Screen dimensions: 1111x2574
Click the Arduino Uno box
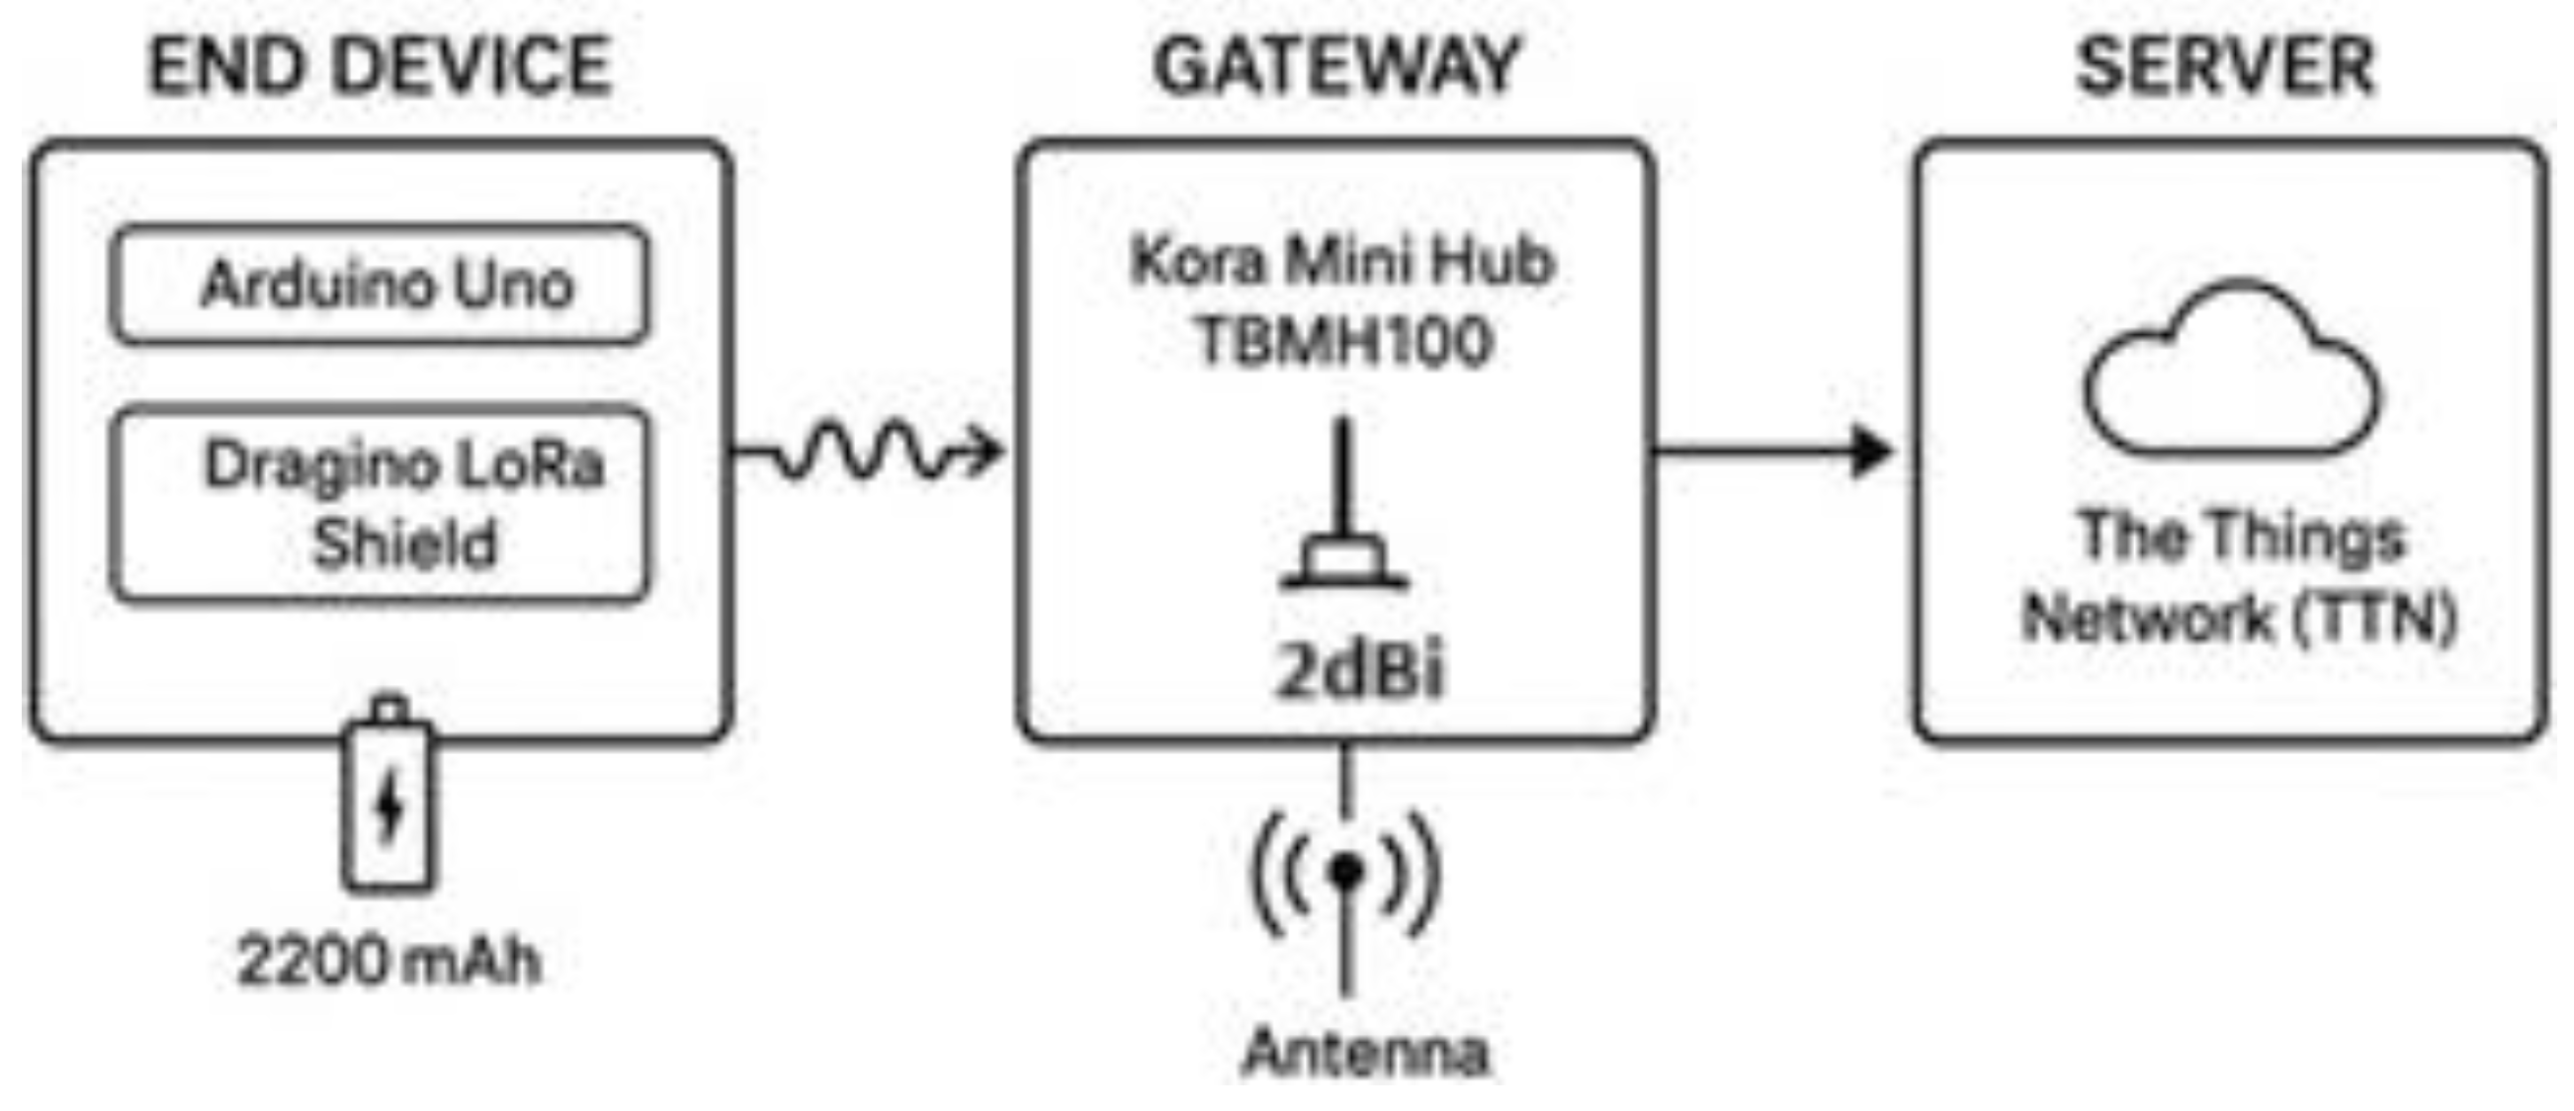point(380,286)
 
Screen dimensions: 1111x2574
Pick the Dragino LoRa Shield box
point(380,504)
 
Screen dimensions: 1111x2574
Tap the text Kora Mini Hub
point(1343,262)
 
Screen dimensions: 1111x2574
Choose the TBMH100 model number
point(1343,342)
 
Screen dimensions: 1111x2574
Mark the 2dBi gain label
point(1359,669)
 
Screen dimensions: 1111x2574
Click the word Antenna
point(1365,1052)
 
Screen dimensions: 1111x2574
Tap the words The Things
point(2242,537)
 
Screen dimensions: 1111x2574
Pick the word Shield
point(404,545)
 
